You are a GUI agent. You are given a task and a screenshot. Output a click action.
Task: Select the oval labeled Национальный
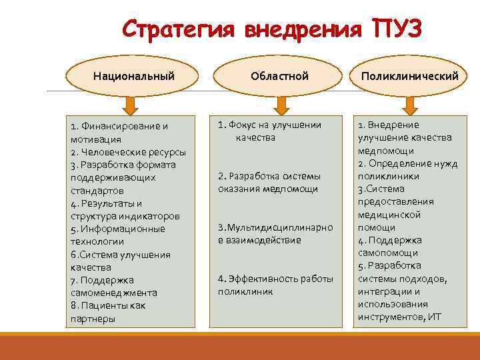click(134, 76)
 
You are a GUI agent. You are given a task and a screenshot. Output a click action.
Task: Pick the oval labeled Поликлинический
click(409, 76)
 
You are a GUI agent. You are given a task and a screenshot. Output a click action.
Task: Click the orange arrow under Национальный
click(131, 105)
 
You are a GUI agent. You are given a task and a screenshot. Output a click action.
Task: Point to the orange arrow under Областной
click(281, 105)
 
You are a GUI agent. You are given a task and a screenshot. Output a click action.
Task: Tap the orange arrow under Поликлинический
click(409, 105)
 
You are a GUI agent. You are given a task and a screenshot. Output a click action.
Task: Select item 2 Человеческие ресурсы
click(127, 152)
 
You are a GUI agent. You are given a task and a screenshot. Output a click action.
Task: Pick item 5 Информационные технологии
click(117, 235)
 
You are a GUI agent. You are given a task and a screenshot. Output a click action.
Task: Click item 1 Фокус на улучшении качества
click(270, 131)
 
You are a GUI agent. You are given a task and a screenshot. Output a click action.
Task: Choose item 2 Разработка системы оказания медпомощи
click(269, 183)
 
